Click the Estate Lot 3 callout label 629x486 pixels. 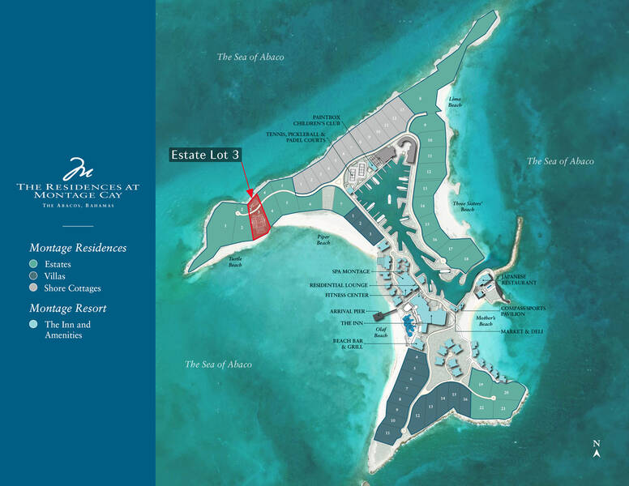point(206,154)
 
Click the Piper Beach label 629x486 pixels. point(323,241)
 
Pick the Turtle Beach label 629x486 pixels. point(234,262)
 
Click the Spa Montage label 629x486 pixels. point(350,271)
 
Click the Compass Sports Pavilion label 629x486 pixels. point(522,312)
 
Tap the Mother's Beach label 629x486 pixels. point(486,320)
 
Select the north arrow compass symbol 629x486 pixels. point(596,449)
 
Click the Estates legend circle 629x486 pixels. point(33,264)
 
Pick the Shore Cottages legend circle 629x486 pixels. point(33,288)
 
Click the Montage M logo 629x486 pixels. point(78,170)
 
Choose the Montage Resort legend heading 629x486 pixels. point(68,308)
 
